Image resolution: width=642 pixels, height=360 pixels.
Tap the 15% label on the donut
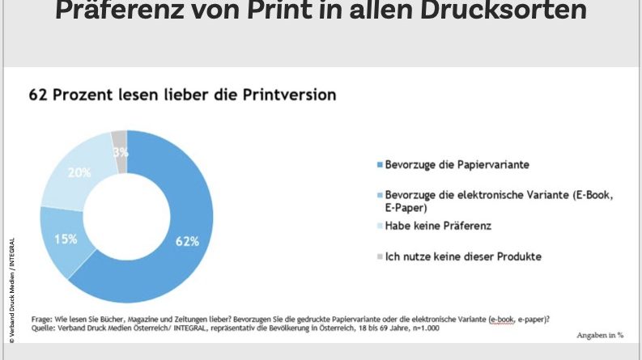click(66, 239)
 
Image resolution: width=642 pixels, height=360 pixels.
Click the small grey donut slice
click(119, 140)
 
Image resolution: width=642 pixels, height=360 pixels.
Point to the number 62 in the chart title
click(38, 95)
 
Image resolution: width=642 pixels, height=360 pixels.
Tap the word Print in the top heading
click(246, 12)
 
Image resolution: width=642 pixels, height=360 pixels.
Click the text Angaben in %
click(599, 334)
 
